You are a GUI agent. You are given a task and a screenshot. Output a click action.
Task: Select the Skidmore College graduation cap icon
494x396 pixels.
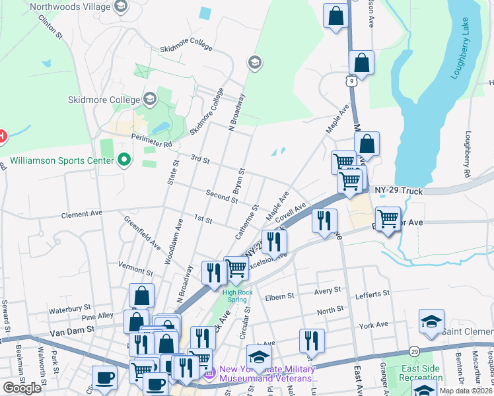(150, 100)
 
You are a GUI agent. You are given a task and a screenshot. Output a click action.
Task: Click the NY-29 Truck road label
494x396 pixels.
(398, 190)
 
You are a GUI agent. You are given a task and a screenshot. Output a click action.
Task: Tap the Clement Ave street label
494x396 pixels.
(82, 214)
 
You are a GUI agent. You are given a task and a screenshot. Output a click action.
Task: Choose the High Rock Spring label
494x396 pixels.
(238, 295)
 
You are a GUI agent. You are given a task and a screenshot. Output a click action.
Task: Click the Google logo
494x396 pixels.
(22, 388)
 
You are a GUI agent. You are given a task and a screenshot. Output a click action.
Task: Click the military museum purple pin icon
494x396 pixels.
(210, 375)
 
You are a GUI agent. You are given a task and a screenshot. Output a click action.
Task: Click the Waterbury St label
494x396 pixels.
(69, 308)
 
